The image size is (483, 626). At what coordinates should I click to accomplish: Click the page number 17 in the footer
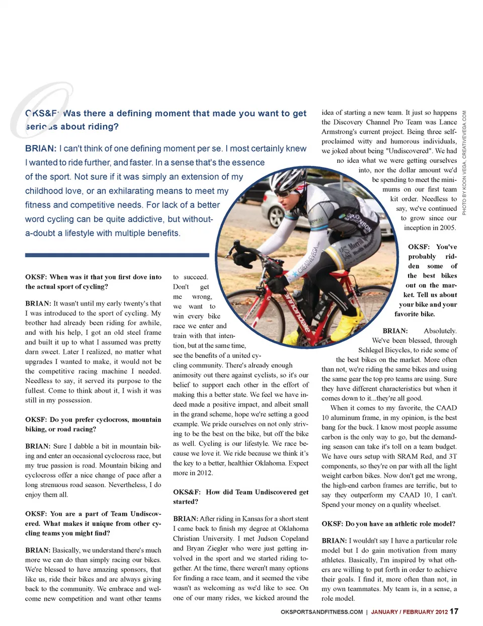(x=454, y=611)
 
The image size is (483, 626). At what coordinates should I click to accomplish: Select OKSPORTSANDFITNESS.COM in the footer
(x=321, y=612)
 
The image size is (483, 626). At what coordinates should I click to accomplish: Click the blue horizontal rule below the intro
(x=117, y=255)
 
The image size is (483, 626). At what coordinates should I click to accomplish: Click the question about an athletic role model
(x=388, y=524)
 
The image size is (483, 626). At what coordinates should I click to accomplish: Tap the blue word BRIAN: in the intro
(x=40, y=149)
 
